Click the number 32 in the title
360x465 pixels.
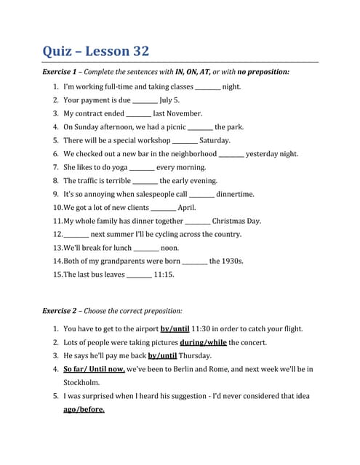click(137, 51)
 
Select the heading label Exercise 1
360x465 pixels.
click(60, 72)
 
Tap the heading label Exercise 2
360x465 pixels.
click(60, 311)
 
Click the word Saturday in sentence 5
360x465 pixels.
click(215, 140)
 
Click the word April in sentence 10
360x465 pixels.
click(187, 208)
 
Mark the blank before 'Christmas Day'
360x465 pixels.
click(198, 221)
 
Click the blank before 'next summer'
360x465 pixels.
click(76, 235)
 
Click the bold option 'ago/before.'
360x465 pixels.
click(84, 409)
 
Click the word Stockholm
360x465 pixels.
click(81, 382)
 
